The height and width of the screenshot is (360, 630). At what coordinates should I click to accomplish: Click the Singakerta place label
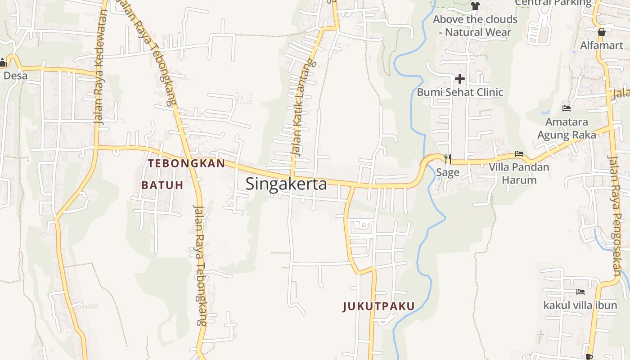pos(286,184)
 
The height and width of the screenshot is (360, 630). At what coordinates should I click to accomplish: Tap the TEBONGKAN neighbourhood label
pos(186,163)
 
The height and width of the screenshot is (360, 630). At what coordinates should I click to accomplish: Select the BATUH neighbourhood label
pos(162,185)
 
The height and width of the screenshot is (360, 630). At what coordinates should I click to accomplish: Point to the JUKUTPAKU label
pos(378,306)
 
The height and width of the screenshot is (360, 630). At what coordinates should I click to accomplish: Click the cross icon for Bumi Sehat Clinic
pos(459,79)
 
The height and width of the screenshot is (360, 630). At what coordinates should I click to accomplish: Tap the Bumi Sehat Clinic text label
pos(460,92)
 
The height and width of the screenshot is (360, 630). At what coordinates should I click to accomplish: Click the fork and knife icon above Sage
pos(447,158)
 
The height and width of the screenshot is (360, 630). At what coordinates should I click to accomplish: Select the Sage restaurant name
pos(448,172)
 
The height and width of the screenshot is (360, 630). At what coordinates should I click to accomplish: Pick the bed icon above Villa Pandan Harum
pos(519,154)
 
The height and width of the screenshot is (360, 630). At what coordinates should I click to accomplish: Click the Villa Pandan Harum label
pos(519,174)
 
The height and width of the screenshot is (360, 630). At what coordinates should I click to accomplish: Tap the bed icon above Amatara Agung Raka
pos(567,108)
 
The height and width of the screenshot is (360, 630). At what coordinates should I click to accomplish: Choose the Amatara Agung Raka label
pos(567,128)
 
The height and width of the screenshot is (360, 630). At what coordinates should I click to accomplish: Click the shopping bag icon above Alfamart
pos(602,32)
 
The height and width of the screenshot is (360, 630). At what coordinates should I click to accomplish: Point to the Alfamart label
pos(602,45)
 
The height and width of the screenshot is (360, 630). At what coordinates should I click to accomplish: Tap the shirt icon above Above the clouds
pos(475,6)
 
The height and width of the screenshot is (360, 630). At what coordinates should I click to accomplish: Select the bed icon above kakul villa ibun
pos(580,292)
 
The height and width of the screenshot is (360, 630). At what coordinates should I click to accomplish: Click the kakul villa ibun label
pos(580,306)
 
